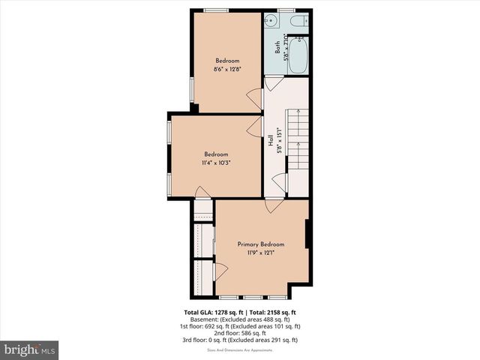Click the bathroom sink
pyautogui.click(x=272, y=20)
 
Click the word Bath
pyautogui.click(x=277, y=46)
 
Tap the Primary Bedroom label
pyautogui.click(x=261, y=244)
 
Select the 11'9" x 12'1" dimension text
pyautogui.click(x=261, y=253)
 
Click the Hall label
pyautogui.click(x=270, y=139)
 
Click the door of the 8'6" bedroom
pyautogui.click(x=255, y=96)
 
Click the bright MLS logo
pyautogui.click(x=30, y=349)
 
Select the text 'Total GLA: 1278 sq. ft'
pyautogui.click(x=212, y=312)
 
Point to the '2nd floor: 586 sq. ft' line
pyautogui.click(x=240, y=333)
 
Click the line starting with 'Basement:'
pyautogui.click(x=240, y=319)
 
